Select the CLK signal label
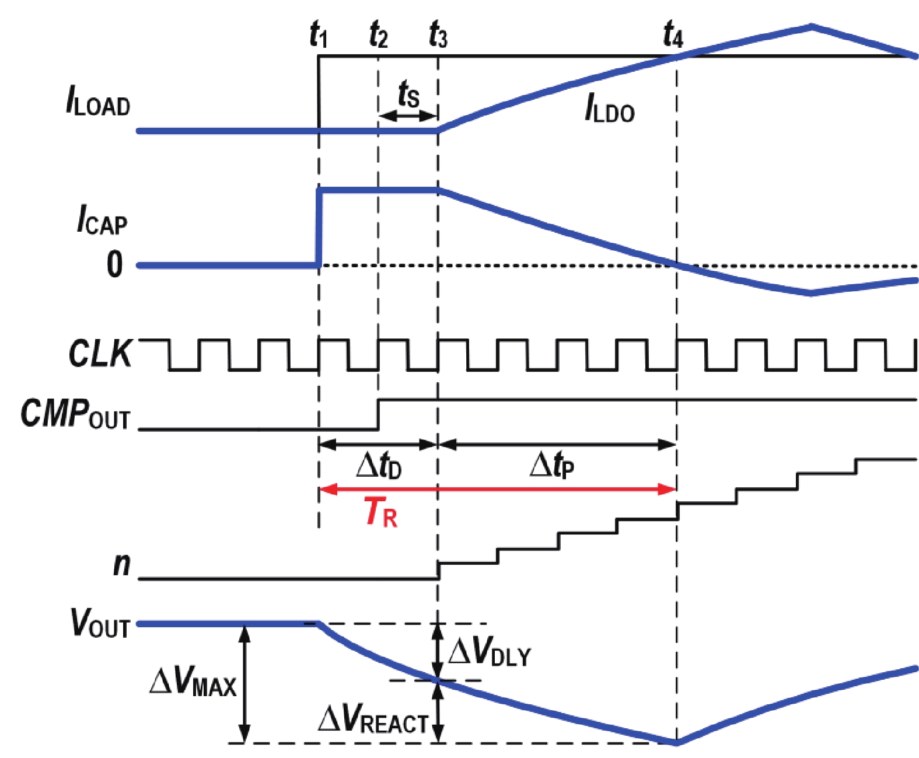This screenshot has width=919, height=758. pos(100,353)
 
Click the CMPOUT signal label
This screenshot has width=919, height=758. pos(75,414)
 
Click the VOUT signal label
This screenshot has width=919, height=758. pos(100,623)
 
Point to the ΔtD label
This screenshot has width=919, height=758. pos(379,466)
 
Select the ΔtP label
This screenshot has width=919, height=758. pos(552,466)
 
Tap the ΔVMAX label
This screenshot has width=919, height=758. pos(193,682)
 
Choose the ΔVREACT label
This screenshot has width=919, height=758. pos(373,719)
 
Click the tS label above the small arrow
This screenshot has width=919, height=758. pos(408,95)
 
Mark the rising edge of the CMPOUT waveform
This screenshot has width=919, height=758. pos(378,414)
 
